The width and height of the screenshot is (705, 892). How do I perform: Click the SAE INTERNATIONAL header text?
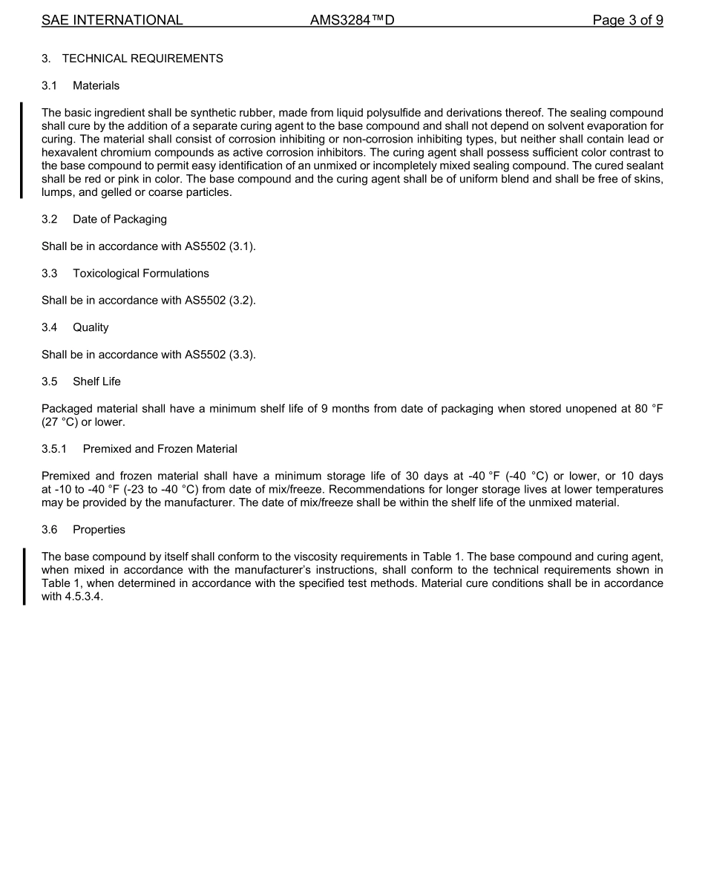pos(112,21)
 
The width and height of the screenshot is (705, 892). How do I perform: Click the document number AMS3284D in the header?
pos(352,21)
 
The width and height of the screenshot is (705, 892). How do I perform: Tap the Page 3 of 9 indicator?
pos(627,21)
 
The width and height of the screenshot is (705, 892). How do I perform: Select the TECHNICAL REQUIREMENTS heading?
pos(142,59)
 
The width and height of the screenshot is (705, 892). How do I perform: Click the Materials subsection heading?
pos(96,86)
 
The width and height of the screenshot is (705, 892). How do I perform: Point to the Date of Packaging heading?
pos(119,220)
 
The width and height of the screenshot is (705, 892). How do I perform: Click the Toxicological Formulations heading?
pos(140,274)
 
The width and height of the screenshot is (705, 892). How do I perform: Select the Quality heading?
pos(91,327)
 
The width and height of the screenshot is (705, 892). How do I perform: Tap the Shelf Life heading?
pos(96,381)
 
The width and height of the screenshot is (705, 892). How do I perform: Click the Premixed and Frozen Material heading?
pos(160,449)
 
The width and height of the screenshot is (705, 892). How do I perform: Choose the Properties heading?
pos(99,530)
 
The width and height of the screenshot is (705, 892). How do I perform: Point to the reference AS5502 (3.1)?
pos(220,246)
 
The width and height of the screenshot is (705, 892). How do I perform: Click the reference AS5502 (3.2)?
pos(220,301)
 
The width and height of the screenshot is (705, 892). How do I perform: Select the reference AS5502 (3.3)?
pos(220,355)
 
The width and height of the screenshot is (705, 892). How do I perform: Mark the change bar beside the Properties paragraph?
pos(24,577)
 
